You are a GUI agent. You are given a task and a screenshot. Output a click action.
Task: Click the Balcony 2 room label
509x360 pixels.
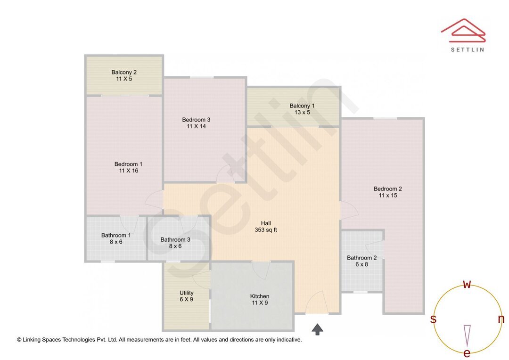click(x=124, y=72)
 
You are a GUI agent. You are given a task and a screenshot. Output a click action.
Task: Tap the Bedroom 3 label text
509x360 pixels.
click(x=196, y=120)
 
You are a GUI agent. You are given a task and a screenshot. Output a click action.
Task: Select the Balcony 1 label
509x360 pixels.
click(x=302, y=106)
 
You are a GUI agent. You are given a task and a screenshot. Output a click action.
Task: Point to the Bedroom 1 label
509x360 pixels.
click(x=128, y=164)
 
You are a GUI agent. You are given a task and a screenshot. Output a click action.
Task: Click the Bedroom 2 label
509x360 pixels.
click(x=387, y=188)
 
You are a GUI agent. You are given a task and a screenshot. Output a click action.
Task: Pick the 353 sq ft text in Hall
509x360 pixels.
click(x=266, y=230)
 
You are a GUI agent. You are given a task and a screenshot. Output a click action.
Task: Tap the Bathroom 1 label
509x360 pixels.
click(x=116, y=235)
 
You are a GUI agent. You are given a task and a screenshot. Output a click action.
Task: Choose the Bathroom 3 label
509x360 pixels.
click(x=175, y=239)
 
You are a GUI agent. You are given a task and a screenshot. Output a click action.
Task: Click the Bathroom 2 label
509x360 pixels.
click(x=361, y=258)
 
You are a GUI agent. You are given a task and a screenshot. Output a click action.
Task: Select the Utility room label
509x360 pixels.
click(x=186, y=293)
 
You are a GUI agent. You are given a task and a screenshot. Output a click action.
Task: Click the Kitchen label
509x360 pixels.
click(x=259, y=296)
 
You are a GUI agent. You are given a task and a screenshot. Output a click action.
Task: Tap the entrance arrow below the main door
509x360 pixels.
click(x=318, y=329)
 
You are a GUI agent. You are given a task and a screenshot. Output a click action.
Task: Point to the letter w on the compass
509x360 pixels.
click(x=467, y=284)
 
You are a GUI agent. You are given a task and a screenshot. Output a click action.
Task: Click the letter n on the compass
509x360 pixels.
click(x=501, y=319)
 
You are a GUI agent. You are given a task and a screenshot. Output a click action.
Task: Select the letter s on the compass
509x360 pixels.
click(x=433, y=319)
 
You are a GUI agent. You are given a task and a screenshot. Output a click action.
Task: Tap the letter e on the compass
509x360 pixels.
click(x=467, y=353)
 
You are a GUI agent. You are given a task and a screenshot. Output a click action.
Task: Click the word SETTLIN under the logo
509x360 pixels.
click(x=467, y=49)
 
